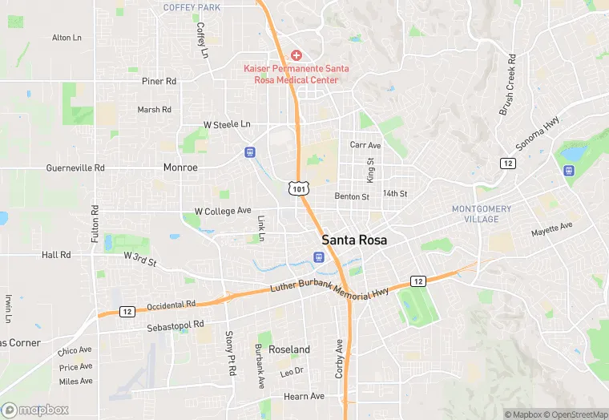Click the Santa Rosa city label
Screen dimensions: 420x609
coord(354,240)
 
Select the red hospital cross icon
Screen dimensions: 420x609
coord(296,55)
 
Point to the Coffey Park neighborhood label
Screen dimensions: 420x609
coord(192,7)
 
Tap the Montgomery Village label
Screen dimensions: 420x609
coord(482,214)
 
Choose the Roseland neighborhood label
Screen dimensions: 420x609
coord(288,349)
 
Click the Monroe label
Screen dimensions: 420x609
coord(180,168)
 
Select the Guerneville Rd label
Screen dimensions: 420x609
coord(75,168)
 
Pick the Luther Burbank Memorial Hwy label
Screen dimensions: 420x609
coord(329,290)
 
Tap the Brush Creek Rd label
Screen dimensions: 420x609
coord(507,85)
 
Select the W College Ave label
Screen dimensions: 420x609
coord(223,211)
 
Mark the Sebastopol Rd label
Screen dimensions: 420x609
coord(175,325)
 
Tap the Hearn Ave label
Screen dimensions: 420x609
coord(304,396)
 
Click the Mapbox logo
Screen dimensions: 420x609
coord(34,410)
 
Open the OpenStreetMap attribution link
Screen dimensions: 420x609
coord(575,414)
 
